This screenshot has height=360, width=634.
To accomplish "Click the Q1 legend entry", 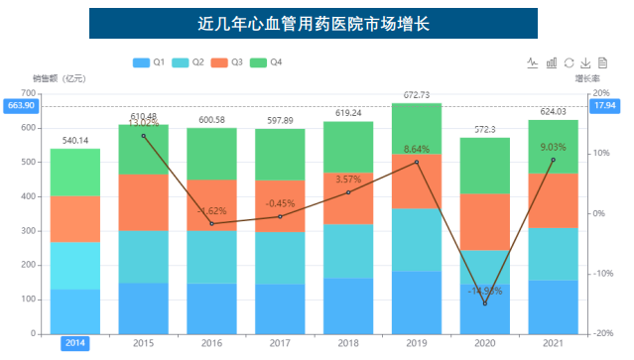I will tap(150, 62).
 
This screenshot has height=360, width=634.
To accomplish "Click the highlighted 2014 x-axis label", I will tap(75, 343).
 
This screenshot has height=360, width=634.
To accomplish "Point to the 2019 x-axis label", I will tap(416, 343).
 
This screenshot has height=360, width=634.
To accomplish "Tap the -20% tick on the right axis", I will tap(602, 333).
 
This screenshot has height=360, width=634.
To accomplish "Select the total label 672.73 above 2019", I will tap(416, 95).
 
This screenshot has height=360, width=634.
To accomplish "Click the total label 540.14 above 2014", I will tap(75, 141).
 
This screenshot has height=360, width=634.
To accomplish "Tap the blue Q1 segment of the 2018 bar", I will tap(348, 305).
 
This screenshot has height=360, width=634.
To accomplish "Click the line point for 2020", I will tap(485, 302).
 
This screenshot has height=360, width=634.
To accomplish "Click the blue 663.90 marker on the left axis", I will tap(20, 106).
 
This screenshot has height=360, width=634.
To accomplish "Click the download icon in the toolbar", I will tap(585, 62).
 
